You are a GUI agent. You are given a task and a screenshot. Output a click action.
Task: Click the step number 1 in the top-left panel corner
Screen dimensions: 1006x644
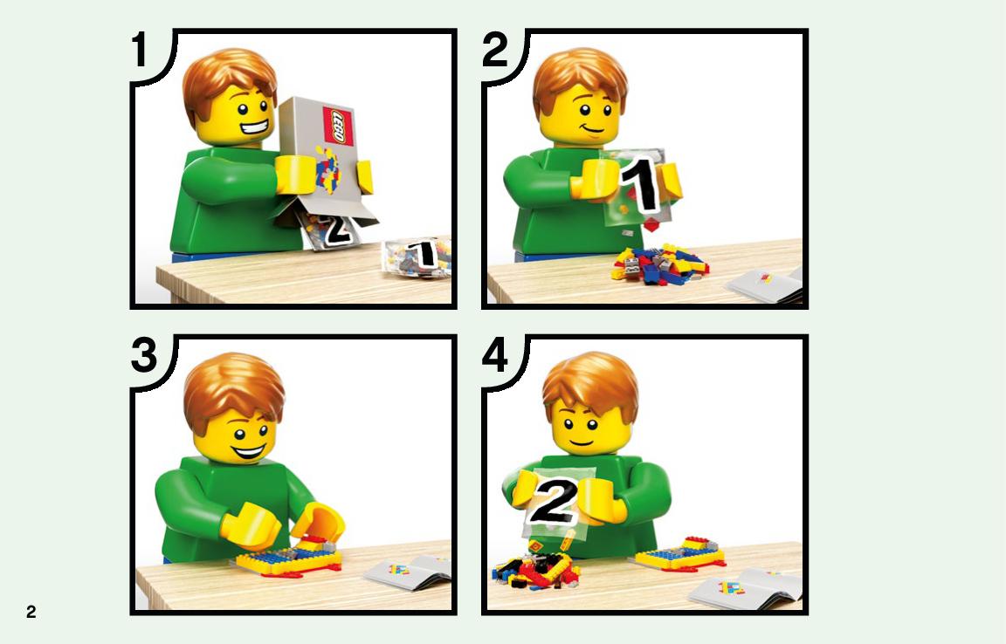pos(140,50)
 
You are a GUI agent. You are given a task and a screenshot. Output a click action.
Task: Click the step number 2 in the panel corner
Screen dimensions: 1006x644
pos(494,50)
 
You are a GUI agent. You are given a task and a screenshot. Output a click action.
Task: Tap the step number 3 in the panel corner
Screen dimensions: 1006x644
pos(144,355)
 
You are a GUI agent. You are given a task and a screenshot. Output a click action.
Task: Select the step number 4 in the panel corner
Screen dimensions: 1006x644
pos(495,355)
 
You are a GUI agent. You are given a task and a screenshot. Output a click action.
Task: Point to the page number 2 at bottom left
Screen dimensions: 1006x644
pos(31,612)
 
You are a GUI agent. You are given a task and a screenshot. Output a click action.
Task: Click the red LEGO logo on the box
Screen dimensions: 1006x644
pos(339,126)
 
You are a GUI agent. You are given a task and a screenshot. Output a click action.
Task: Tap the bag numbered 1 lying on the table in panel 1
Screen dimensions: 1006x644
pos(417,257)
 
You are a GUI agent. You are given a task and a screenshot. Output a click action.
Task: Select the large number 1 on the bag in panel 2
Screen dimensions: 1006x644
pos(639,183)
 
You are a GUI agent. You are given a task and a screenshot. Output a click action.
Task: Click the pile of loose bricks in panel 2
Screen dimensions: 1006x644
pos(659,264)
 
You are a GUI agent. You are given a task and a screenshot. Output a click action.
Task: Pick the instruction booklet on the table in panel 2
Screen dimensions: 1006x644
pos(765,284)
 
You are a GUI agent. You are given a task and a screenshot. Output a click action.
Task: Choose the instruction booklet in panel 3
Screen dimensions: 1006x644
pos(407,570)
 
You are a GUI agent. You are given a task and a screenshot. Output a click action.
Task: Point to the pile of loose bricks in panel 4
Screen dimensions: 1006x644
pos(535,571)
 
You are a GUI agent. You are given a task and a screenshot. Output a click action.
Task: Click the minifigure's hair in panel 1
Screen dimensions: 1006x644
pos(229,82)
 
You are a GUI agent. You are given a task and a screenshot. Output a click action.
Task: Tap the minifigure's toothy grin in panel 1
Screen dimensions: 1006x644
pos(256,130)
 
